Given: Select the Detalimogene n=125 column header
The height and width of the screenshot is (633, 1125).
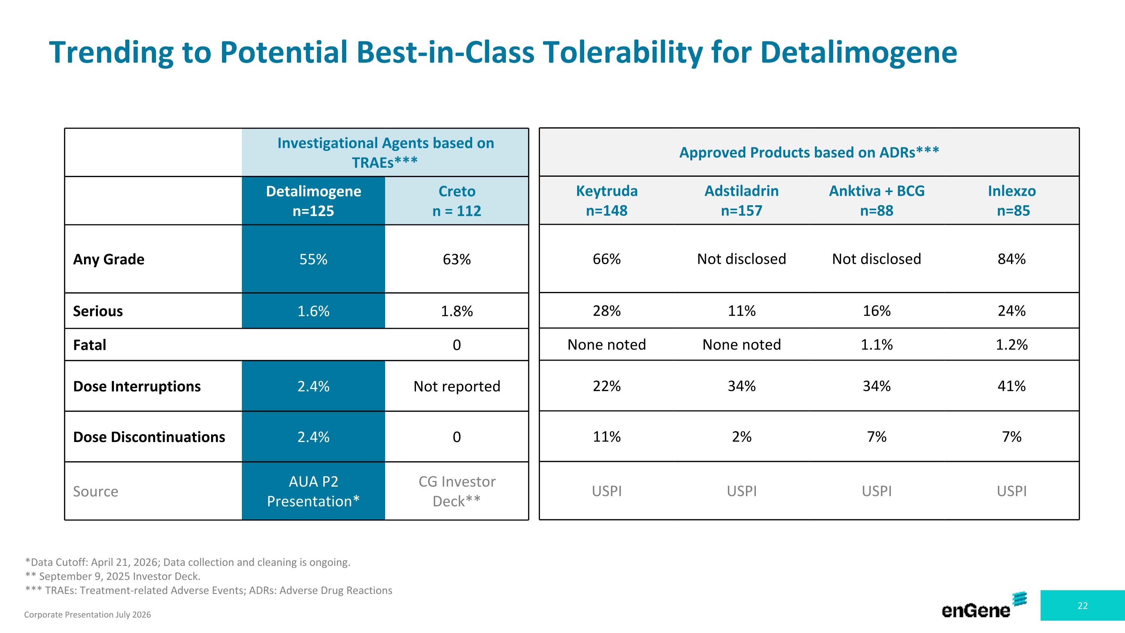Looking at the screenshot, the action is [313, 201].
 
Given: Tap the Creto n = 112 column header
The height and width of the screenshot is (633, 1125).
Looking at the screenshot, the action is [457, 201].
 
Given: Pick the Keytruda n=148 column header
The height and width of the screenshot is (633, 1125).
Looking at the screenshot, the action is [607, 200].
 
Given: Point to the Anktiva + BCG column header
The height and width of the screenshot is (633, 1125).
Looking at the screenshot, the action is [877, 200].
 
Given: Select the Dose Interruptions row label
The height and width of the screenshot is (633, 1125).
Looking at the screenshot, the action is [137, 386].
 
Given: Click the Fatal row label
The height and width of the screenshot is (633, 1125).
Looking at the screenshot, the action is [90, 345].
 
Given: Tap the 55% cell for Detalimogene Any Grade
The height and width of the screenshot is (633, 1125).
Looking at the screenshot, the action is [313, 259].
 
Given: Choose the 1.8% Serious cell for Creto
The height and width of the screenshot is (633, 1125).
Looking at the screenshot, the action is [457, 311].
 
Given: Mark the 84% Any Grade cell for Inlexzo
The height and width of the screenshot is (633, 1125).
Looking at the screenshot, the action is [1012, 259].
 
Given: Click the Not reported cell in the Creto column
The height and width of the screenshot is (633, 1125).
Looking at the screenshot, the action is [457, 386].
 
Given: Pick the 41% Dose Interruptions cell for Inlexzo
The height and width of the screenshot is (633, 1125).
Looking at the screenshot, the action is [1012, 386].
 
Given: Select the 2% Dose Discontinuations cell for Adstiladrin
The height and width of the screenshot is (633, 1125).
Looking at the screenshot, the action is [741, 436].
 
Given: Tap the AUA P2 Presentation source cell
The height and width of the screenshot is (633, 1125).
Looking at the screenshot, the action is [313, 491].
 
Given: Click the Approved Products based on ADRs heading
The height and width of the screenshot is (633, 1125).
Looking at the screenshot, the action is [809, 152].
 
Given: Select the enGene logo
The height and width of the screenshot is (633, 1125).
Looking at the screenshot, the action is [984, 606].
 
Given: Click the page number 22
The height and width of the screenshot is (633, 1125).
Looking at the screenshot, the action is [1083, 606].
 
